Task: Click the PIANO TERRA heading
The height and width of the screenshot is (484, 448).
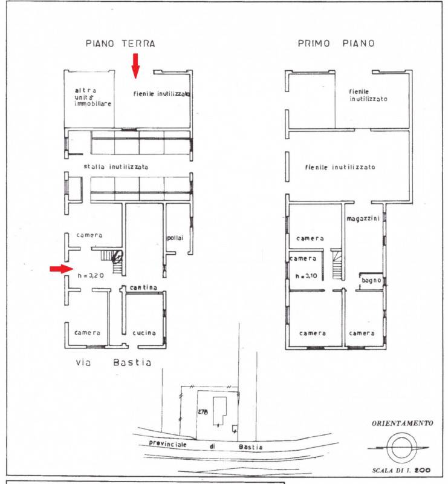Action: click(x=120, y=44)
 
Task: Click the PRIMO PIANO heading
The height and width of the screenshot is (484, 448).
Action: click(x=336, y=43)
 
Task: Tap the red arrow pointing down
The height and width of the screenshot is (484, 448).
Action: click(x=135, y=66)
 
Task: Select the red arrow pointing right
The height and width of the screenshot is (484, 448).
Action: click(x=62, y=269)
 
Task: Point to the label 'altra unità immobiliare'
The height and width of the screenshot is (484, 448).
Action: click(x=93, y=97)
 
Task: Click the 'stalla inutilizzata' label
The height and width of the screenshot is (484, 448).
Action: click(x=115, y=167)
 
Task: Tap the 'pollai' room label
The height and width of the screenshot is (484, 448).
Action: click(x=175, y=238)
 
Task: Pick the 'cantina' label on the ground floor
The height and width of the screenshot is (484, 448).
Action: click(x=143, y=288)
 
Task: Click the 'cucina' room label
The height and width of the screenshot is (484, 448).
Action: click(x=144, y=333)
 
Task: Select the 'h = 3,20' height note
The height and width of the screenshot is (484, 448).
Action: click(x=91, y=276)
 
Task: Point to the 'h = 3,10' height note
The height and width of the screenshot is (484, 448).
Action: click(x=306, y=276)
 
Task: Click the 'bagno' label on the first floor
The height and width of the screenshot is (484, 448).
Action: click(x=371, y=280)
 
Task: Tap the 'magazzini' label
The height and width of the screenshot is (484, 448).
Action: click(x=363, y=218)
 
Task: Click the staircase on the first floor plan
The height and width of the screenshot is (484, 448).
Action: click(x=337, y=264)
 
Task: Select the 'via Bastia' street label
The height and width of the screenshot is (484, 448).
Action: click(x=114, y=362)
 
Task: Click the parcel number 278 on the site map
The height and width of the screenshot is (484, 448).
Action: click(x=203, y=412)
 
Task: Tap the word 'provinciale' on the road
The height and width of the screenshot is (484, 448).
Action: click(x=168, y=443)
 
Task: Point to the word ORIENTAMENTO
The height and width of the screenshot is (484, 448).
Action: click(x=402, y=423)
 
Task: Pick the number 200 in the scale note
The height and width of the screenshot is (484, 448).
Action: click(x=423, y=470)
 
